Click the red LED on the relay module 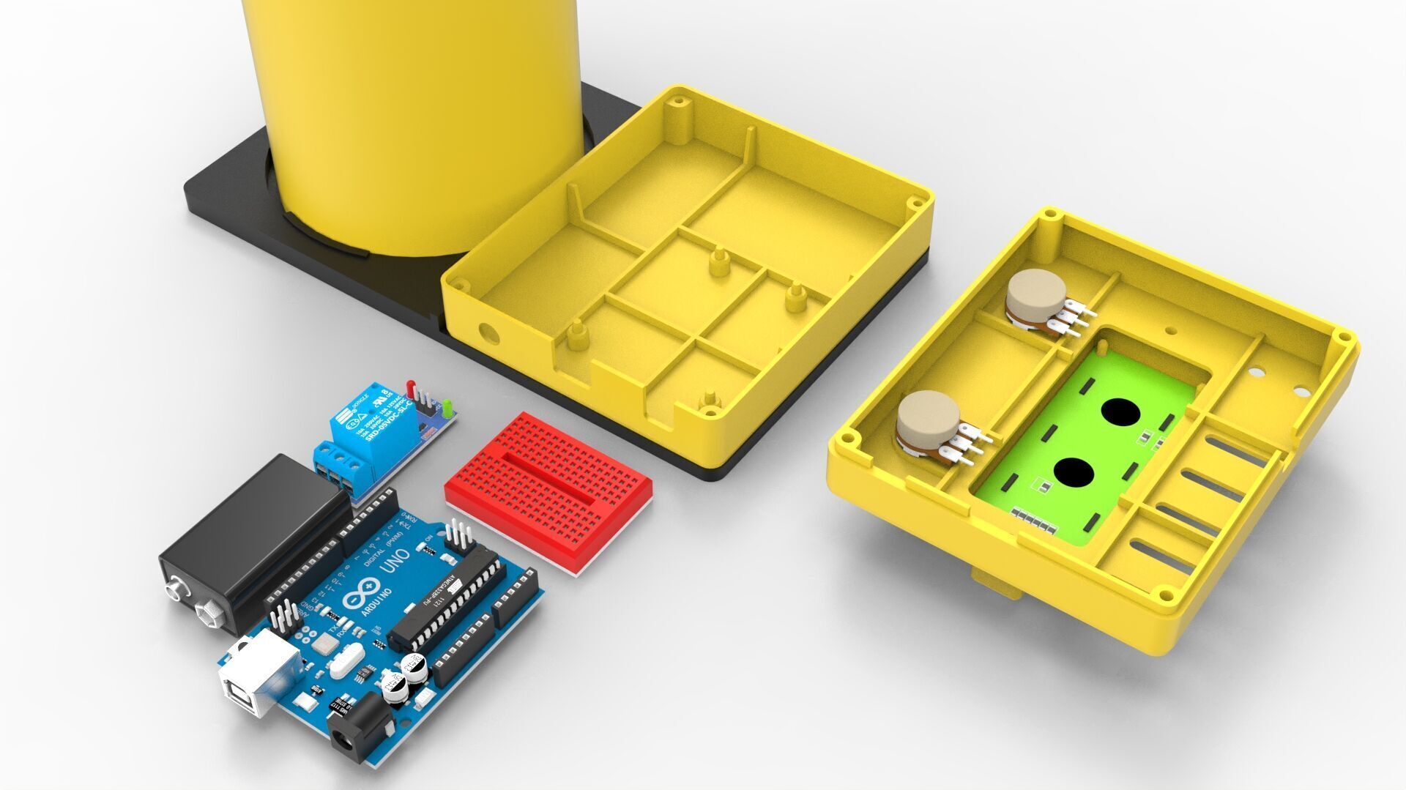411,387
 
